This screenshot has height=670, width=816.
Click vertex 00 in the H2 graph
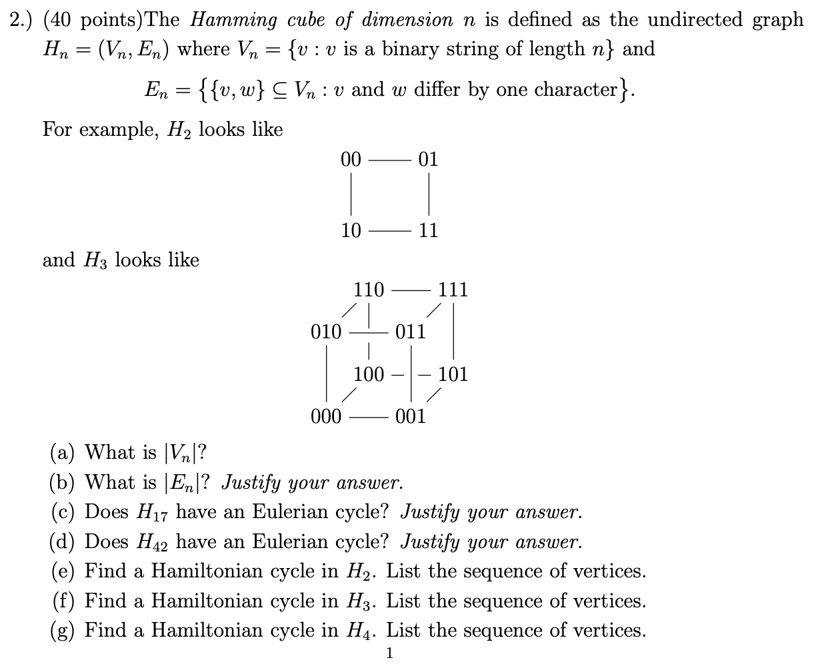pos(351,159)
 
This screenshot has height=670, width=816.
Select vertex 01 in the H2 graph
pos(428,159)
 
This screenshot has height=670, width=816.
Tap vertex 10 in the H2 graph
pos(351,230)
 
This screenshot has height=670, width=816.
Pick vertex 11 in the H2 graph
pos(428,230)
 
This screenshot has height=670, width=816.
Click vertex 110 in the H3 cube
pos(369,290)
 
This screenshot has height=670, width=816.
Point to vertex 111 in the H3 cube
pos(453,290)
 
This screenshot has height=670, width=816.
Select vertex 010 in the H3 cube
pos(326,332)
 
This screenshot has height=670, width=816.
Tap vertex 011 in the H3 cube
pos(410,332)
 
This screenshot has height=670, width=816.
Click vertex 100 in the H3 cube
pos(369,374)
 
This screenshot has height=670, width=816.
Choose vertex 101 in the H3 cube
pos(453,374)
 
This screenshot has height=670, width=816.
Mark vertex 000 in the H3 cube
pos(326,416)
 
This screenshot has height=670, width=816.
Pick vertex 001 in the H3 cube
pos(410,416)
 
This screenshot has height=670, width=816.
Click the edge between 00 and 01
pos(389,160)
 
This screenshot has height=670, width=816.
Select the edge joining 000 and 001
pos(368,417)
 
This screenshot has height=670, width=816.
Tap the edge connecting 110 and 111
pos(411,290)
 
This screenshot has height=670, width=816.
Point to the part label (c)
pos(64,512)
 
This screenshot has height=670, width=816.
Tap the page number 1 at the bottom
pos(390,653)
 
